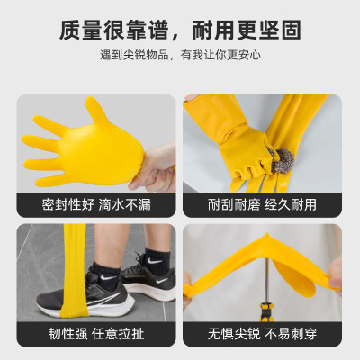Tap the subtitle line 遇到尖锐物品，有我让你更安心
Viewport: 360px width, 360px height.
click(180, 56)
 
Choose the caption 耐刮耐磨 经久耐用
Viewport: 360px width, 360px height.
click(262, 204)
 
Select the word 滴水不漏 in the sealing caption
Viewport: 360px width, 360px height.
click(124, 204)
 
